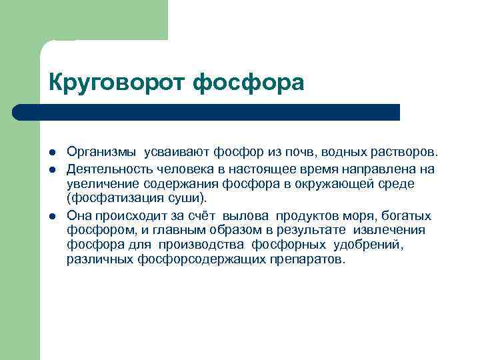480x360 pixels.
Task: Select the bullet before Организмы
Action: pos(53,151)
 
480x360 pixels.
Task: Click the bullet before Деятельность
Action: pos(53,169)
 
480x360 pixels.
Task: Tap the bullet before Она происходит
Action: pos(53,217)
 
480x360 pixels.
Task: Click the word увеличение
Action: pos(99,183)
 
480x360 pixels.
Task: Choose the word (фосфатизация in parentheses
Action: pos(106,199)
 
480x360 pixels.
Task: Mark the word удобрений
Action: pos(375,245)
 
